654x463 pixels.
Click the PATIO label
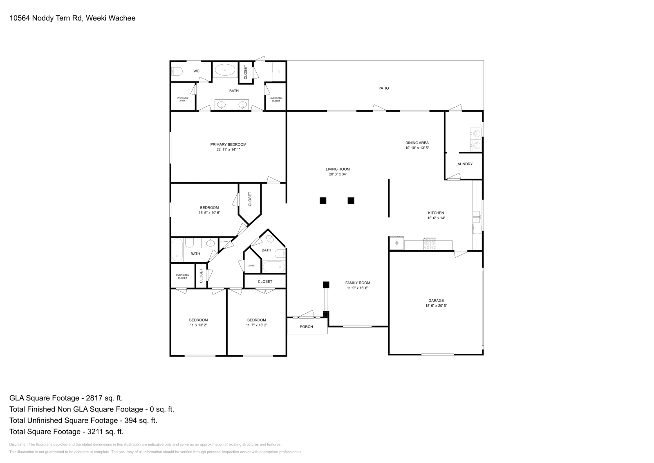point(383,88)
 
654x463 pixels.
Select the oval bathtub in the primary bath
point(225,70)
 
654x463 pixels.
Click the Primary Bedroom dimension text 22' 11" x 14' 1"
point(228,150)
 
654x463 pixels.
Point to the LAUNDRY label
point(464,164)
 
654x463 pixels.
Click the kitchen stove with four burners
point(430,245)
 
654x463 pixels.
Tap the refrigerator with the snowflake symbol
point(396,243)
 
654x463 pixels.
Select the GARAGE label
point(436,301)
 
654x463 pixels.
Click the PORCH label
point(306,327)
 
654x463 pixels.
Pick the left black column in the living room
point(323,200)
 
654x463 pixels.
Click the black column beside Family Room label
point(326,285)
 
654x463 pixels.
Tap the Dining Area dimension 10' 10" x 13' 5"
point(417,148)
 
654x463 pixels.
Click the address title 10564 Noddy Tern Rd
point(72,18)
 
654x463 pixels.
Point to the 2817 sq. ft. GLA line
point(66,398)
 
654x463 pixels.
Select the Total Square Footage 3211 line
point(66,432)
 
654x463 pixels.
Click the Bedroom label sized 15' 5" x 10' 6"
point(209,208)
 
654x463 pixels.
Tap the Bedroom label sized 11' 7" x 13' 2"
point(256,320)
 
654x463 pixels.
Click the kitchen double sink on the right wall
point(477,217)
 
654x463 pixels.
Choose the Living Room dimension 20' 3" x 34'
point(338,174)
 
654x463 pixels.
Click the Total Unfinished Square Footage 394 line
point(83,420)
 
